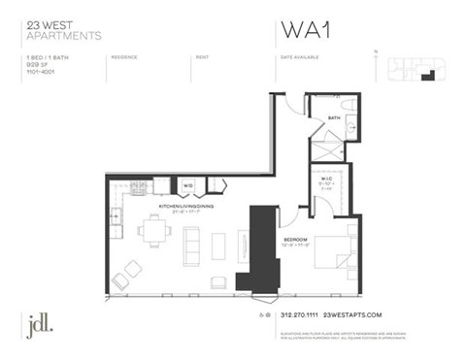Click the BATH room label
(x=333, y=118)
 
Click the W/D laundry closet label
(x=187, y=184)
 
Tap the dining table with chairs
(x=153, y=233)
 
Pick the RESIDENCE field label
(x=124, y=57)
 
